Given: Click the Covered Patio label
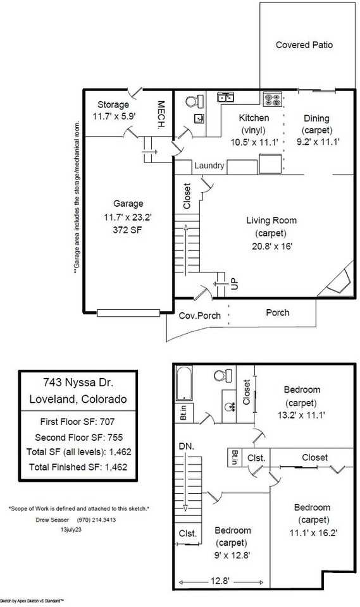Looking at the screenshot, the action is (x=304, y=45).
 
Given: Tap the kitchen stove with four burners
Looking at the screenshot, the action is (x=273, y=99).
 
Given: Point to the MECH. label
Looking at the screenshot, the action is (x=161, y=114).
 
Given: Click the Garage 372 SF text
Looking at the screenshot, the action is (x=128, y=230).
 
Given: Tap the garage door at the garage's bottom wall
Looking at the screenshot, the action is (x=128, y=313).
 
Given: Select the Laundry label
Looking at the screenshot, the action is (x=209, y=166).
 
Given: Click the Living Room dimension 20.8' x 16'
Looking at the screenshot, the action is (x=271, y=246).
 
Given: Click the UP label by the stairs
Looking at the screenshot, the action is (x=235, y=284).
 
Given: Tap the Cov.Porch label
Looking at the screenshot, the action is (x=199, y=316).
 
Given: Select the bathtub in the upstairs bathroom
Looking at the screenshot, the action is (x=184, y=383).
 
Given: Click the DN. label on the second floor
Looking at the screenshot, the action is (x=187, y=446).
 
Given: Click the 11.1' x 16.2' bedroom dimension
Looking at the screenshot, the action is (x=314, y=532).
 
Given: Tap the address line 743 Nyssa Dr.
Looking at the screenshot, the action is (x=78, y=383).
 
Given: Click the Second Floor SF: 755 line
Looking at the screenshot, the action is (x=78, y=438).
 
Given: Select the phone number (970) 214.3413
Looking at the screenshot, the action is (x=97, y=520).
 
